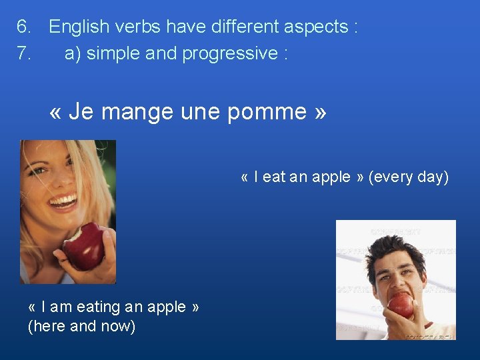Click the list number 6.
[24, 27]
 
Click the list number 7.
[24, 53]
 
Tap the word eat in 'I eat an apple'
[274, 177]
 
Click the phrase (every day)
[408, 177]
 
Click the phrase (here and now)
[81, 327]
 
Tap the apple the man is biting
[401, 305]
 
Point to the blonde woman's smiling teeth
[64, 200]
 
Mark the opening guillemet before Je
[55, 112]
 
